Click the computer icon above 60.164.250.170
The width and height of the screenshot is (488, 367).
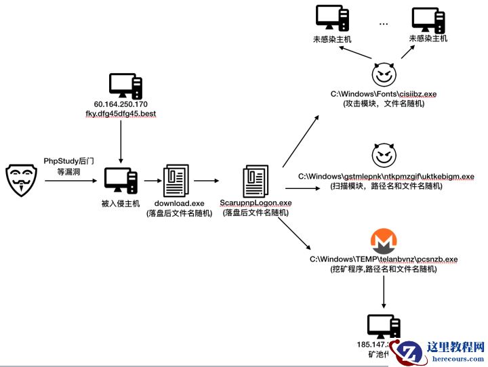tap(125, 85)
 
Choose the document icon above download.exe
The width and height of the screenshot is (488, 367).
tap(178, 181)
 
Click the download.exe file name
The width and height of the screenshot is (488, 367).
tap(179, 203)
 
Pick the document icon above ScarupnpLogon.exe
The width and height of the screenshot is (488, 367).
tap(255, 181)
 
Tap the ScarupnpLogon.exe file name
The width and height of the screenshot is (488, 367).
tap(256, 202)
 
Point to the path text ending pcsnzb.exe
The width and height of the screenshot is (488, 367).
tap(384, 259)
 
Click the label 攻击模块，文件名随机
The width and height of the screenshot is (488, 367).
tap(384, 104)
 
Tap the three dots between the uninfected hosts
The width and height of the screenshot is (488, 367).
tap(384, 24)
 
